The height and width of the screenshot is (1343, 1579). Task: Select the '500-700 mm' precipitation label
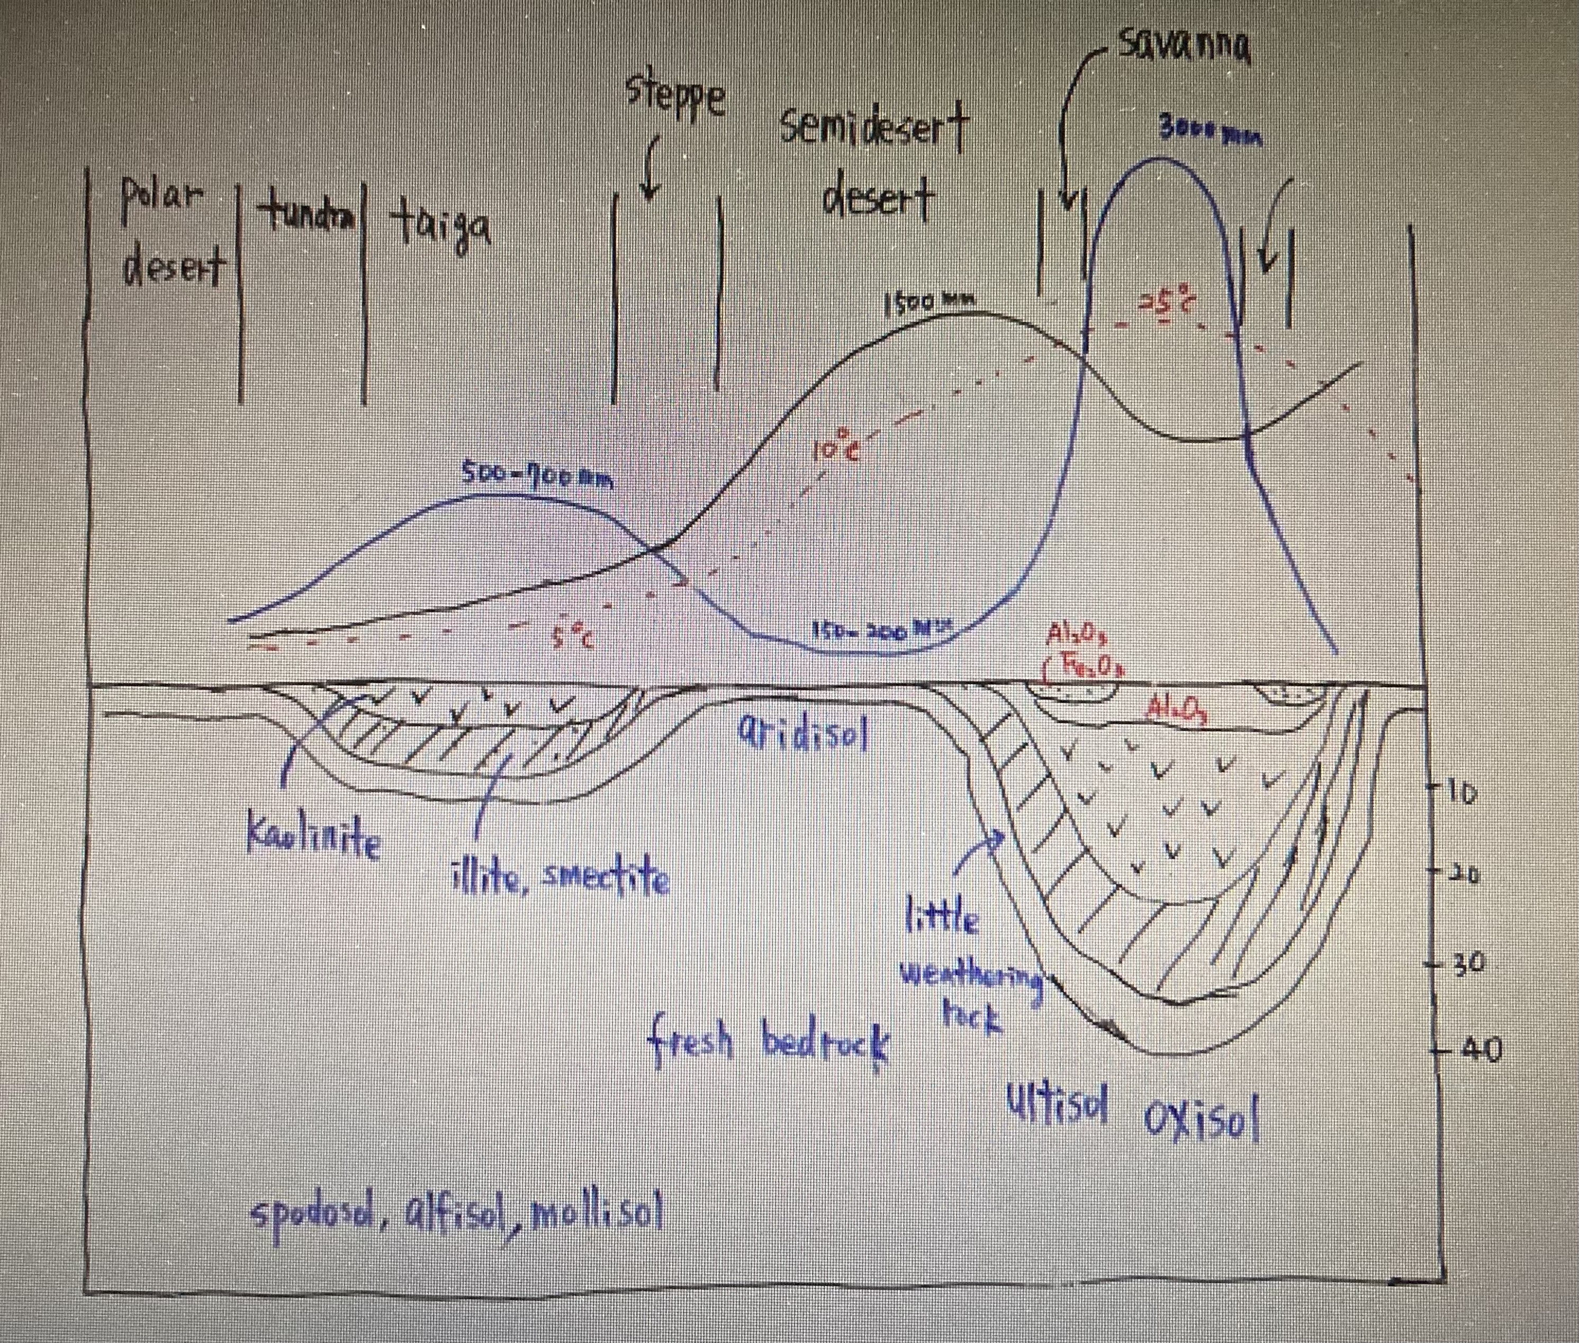pos(537,476)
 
